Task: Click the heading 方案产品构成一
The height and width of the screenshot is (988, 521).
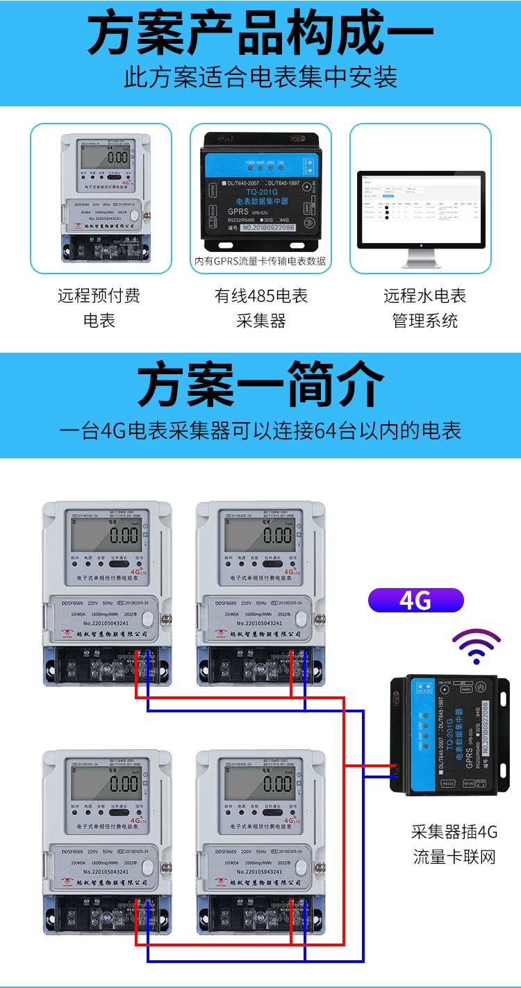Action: tap(260, 34)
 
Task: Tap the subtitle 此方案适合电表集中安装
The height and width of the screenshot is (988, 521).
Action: tap(260, 77)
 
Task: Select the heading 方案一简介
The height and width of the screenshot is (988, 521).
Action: tap(260, 384)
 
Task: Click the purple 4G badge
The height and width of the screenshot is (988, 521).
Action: tap(415, 600)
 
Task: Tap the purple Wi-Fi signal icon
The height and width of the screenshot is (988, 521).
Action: tap(476, 645)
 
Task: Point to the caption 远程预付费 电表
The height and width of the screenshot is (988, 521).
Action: tap(99, 308)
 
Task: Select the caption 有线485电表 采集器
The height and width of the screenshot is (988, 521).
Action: tap(260, 308)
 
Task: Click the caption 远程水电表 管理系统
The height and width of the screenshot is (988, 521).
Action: tap(424, 308)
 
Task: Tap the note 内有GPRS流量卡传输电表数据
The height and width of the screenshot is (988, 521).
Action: tap(260, 262)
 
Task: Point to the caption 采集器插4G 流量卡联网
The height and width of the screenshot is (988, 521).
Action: tap(455, 844)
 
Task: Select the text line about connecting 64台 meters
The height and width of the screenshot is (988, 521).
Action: tap(260, 430)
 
